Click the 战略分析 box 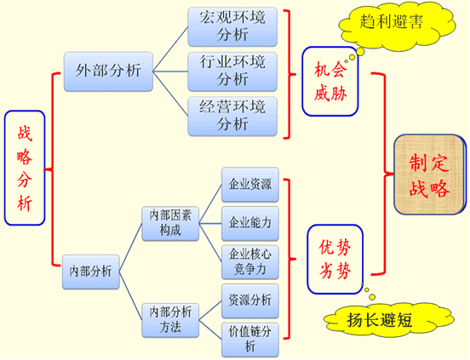tap(25, 168)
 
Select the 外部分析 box tap(108, 71)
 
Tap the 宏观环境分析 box tap(232, 27)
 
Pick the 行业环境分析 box tap(232, 71)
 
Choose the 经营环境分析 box tap(232, 116)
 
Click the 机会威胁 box tap(330, 81)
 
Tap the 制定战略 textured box tap(430, 174)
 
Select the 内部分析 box tap(91, 271)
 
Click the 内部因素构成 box tap(170, 224)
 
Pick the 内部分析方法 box tap(170, 320)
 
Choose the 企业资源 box tap(250, 185)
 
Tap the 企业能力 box tap(250, 224)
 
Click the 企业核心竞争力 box tap(250, 262)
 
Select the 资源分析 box tap(250, 300)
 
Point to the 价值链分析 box tap(250, 340)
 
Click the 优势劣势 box tap(335, 260)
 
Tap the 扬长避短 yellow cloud tap(388, 320)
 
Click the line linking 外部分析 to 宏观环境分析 tap(170, 49)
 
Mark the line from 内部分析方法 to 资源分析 tap(210, 311)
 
